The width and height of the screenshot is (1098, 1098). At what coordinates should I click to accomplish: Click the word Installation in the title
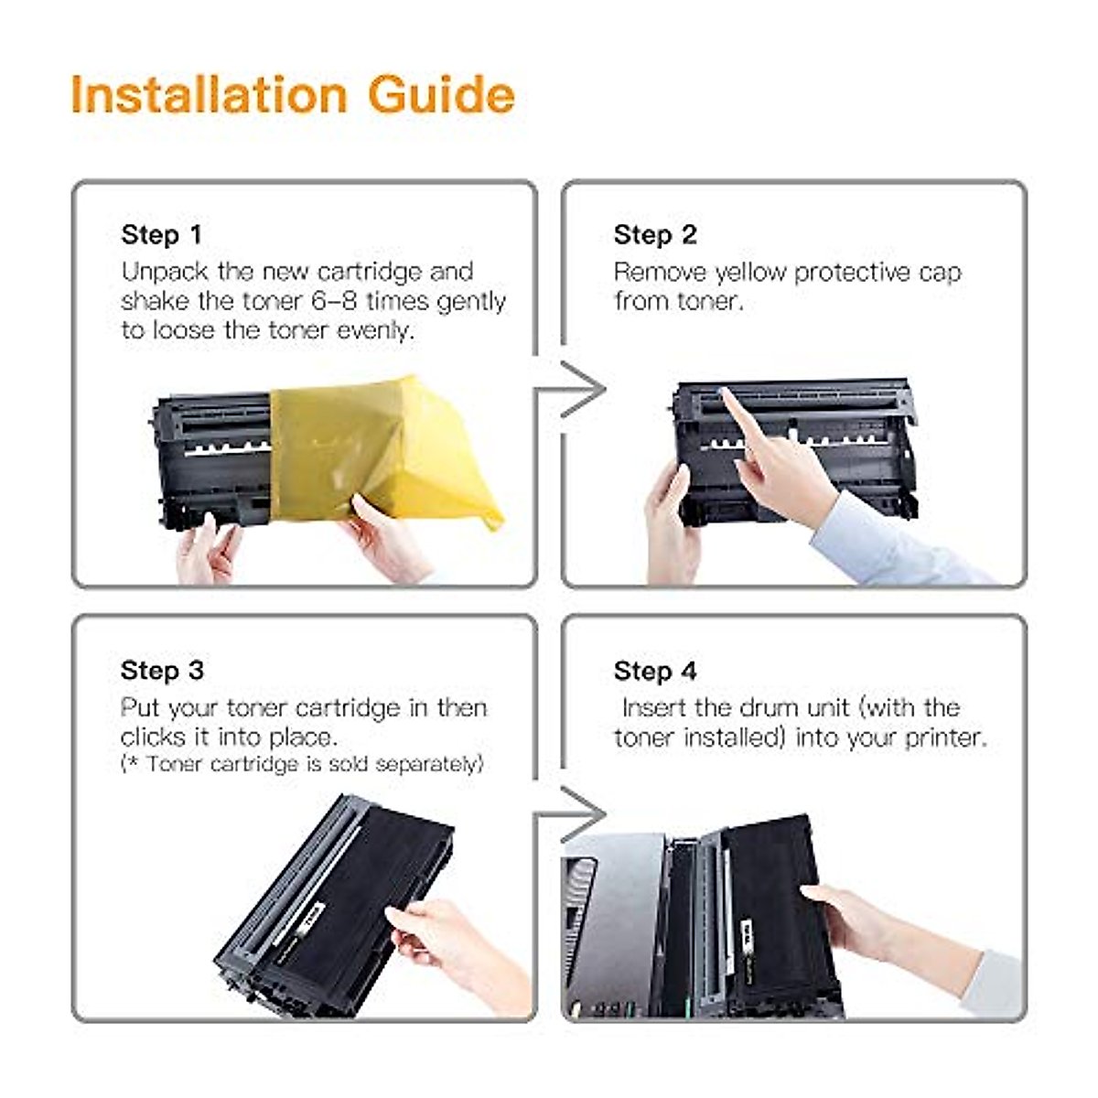[x=210, y=95]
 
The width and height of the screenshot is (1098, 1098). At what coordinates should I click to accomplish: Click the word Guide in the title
[x=442, y=95]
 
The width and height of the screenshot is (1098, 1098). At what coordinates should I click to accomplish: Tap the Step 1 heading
[x=162, y=235]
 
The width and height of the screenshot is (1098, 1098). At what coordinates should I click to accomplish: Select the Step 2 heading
[x=655, y=235]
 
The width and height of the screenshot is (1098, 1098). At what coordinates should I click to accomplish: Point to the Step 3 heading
[x=162, y=670]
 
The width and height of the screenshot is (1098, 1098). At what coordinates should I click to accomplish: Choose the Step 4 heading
[x=655, y=671]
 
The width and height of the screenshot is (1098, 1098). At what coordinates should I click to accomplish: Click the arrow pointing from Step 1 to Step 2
[x=570, y=390]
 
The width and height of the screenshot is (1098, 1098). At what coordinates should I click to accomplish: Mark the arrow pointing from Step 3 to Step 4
[x=570, y=816]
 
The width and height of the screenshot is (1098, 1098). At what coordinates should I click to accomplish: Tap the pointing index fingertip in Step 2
[x=724, y=393]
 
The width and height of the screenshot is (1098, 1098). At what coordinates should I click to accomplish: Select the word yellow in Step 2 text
[x=751, y=273]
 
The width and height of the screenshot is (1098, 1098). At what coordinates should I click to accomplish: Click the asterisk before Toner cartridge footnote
[x=132, y=761]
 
